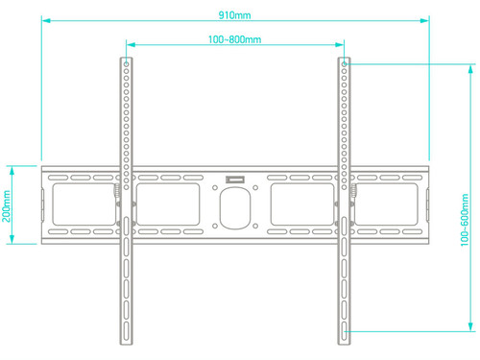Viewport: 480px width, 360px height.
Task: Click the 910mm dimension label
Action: pos(234,15)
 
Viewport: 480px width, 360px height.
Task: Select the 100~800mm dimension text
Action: pos(234,39)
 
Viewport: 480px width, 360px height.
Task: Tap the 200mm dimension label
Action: pos(7,205)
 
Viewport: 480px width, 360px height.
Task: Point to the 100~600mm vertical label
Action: pos(465,220)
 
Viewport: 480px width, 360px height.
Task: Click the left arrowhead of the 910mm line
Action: pos(46,20)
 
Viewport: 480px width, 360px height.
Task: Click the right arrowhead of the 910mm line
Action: pos(424,20)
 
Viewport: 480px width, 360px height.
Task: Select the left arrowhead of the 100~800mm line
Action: pos(131,45)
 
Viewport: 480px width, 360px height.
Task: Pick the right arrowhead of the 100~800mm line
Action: pos(340,45)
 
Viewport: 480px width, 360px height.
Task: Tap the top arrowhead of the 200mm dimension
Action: pos(12,171)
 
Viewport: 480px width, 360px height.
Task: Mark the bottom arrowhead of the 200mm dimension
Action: pos(12,239)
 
